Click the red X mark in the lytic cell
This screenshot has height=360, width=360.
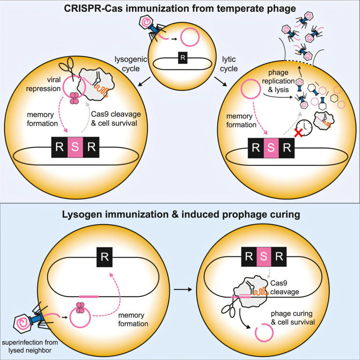(297, 133)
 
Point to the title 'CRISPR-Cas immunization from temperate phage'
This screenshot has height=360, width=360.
(180, 8)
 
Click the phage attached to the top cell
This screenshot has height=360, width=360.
(152, 28)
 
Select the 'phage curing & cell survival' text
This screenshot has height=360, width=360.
(294, 318)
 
